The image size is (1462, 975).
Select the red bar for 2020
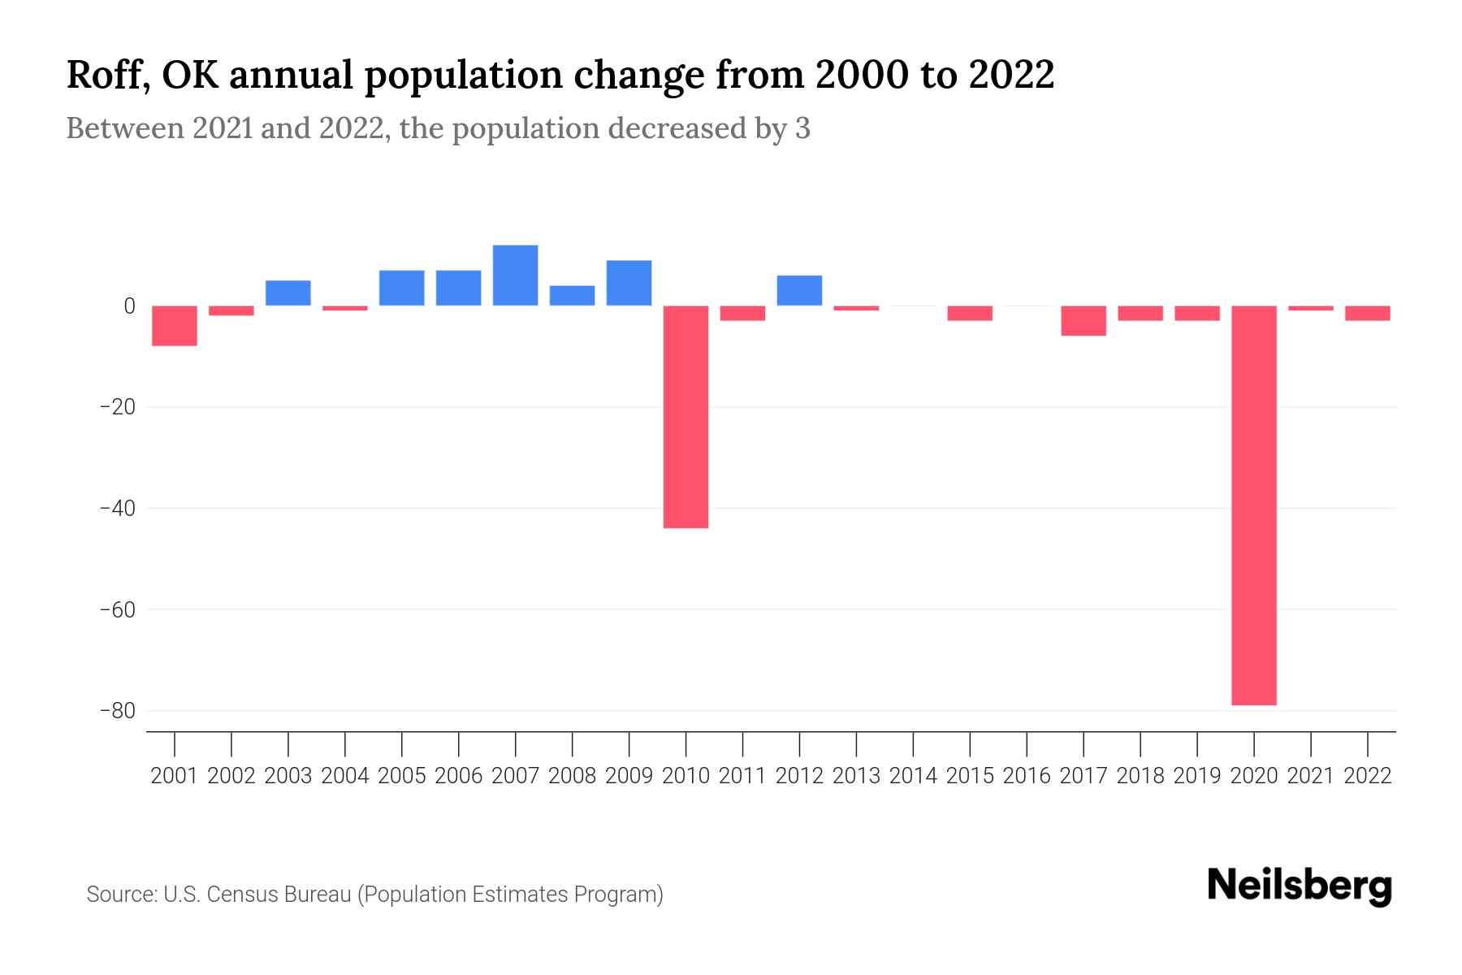click(x=1254, y=505)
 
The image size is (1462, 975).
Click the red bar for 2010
click(x=686, y=417)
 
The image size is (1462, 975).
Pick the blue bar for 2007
click(x=515, y=275)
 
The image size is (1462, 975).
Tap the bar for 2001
click(x=175, y=326)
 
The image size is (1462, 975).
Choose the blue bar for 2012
click(x=799, y=291)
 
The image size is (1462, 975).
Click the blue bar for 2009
click(x=629, y=283)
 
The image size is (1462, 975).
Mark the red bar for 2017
click(x=1084, y=321)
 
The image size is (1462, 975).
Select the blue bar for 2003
click(x=288, y=293)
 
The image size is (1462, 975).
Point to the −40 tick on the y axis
click(x=117, y=508)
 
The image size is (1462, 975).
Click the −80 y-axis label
click(x=117, y=711)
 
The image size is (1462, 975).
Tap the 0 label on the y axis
click(x=129, y=306)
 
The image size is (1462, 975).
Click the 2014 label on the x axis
click(x=913, y=776)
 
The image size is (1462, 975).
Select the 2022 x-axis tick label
click(x=1368, y=776)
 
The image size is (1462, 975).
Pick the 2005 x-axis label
click(x=402, y=776)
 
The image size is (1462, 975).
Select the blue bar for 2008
click(x=572, y=296)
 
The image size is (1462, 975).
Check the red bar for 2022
click(x=1368, y=314)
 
